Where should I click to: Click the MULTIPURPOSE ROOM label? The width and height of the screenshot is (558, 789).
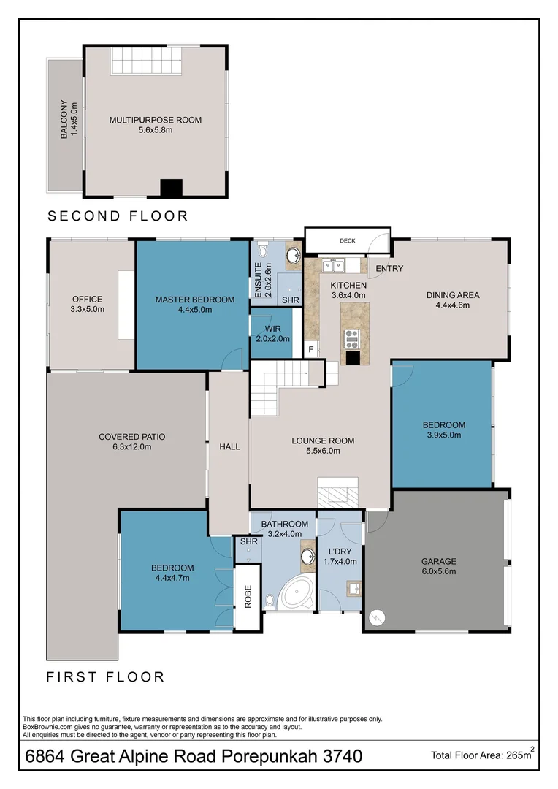[x=156, y=120]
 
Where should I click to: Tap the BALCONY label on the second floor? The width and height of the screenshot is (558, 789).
[x=64, y=119]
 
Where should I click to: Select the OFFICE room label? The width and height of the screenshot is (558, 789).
[x=87, y=299]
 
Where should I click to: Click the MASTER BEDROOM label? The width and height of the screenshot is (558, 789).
[x=195, y=300]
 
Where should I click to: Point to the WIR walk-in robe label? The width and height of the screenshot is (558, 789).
[x=272, y=329]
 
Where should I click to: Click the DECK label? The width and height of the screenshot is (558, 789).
[x=348, y=240]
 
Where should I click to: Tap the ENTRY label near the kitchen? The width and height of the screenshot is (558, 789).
[x=389, y=268]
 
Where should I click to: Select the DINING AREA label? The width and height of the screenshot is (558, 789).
[x=453, y=295]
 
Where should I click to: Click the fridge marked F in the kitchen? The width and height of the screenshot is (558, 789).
[x=311, y=349]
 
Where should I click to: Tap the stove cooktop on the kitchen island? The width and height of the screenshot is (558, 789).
[x=351, y=339]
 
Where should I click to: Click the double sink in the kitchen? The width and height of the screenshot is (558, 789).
[x=333, y=265]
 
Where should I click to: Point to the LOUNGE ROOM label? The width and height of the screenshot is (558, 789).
[x=323, y=441]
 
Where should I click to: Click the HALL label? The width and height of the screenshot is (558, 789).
[x=229, y=446]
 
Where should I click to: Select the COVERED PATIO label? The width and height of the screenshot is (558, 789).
[x=131, y=437]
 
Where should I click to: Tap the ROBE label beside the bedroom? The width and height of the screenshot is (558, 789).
[x=248, y=597]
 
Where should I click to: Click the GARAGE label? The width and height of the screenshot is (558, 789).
[x=439, y=561]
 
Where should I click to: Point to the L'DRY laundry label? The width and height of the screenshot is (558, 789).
[x=340, y=552]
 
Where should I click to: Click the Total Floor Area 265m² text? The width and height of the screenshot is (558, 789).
[x=483, y=755]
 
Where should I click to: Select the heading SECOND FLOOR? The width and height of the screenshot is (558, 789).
[x=118, y=216]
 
